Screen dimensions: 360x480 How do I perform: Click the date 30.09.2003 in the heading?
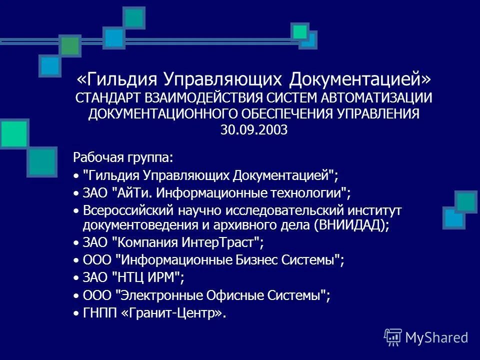point(253,130)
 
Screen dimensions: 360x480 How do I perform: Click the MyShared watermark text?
point(436,337)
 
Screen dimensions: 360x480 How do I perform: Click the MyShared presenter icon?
point(393,337)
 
